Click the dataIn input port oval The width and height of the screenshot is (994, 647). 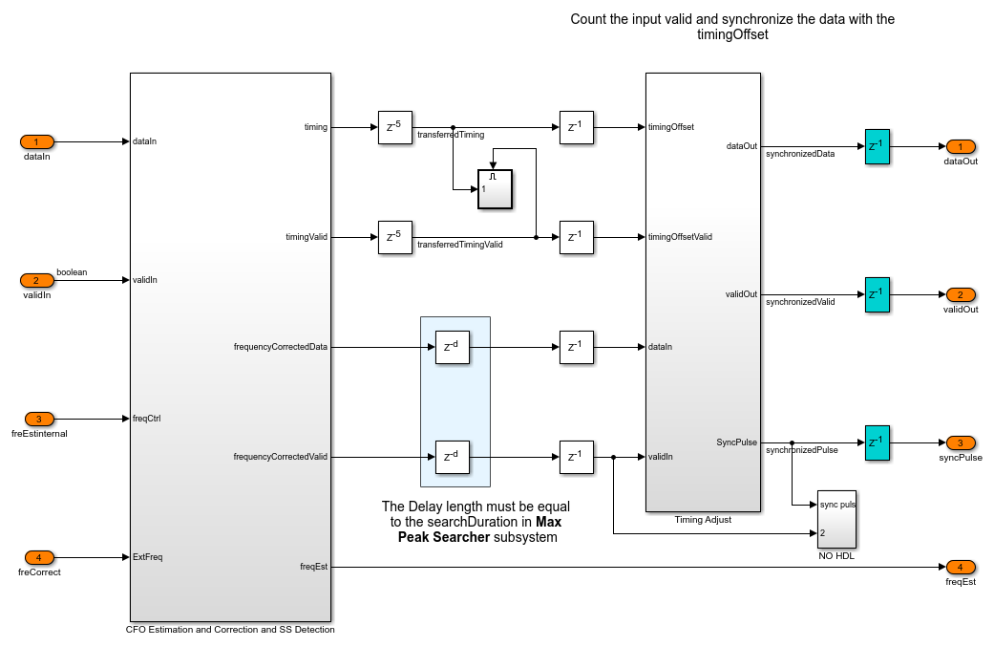tap(37, 141)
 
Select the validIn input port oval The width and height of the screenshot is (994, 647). tap(37, 280)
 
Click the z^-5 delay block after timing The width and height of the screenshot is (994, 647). tap(394, 127)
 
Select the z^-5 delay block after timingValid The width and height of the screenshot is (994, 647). tap(394, 237)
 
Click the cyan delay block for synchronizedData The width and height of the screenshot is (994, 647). tap(877, 146)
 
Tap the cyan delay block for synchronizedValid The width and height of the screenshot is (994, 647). tap(877, 294)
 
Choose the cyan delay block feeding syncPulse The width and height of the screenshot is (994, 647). tap(877, 442)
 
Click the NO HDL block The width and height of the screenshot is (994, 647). tap(836, 519)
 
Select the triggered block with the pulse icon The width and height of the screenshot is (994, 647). tap(495, 188)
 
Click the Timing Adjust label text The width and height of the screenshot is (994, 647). tap(703, 520)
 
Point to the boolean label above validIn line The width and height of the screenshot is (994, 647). tap(72, 272)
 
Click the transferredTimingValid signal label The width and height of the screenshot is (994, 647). tap(460, 245)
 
